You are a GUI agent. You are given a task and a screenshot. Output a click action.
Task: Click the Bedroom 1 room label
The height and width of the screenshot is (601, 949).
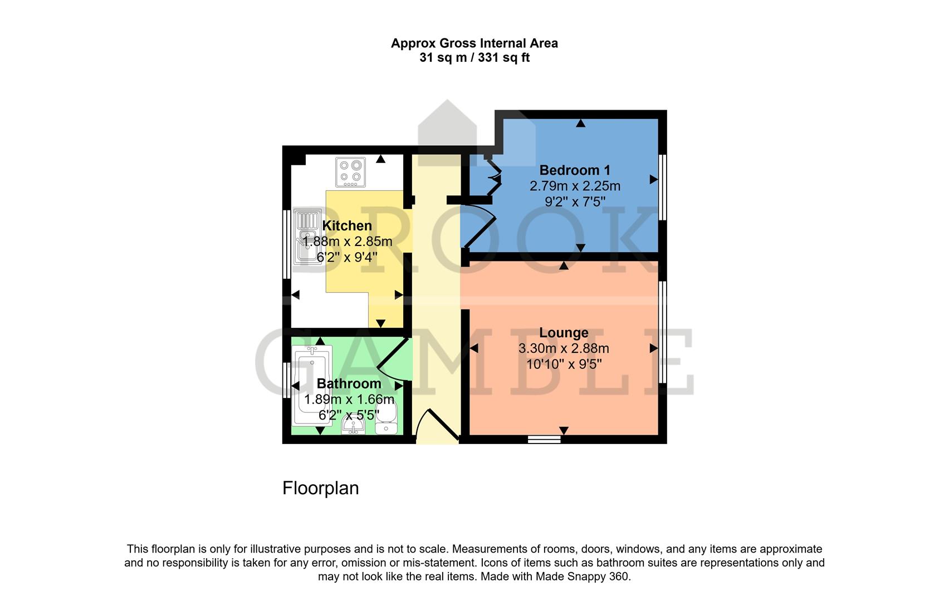coord(575,170)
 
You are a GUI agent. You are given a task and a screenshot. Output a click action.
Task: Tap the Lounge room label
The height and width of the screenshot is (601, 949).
coord(564,333)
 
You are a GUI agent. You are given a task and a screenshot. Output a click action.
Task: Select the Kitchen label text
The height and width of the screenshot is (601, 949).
coord(347,225)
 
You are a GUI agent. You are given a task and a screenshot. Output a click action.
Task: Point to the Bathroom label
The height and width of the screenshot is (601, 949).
coord(349,383)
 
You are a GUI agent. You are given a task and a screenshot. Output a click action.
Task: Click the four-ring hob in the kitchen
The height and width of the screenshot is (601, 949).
coord(351,172)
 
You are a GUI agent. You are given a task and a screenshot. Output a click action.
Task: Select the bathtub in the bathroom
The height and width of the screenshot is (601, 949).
coord(311,385)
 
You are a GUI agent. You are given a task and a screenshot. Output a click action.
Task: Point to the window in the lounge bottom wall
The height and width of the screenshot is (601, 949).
coord(544,440)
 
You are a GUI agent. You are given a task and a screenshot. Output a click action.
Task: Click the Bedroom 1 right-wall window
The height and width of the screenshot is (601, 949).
coord(663,188)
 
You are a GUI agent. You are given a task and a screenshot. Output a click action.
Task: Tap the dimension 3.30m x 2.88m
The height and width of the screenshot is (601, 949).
coord(564,349)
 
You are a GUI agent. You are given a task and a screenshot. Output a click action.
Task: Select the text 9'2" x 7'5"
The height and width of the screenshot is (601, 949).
coord(575,201)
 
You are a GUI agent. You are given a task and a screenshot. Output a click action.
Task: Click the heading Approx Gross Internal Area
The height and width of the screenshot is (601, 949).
coord(474,43)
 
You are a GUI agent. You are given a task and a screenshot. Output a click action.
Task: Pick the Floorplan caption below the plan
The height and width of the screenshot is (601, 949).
coord(320,488)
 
